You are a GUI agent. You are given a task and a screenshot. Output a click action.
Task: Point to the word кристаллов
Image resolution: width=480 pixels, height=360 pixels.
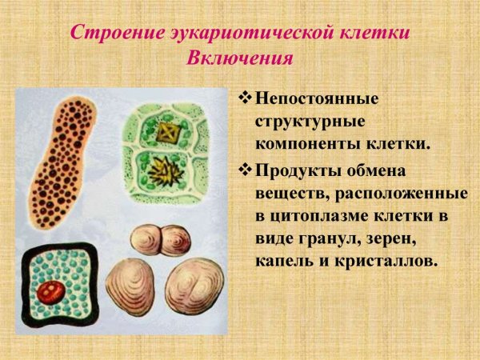(x=392, y=261)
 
